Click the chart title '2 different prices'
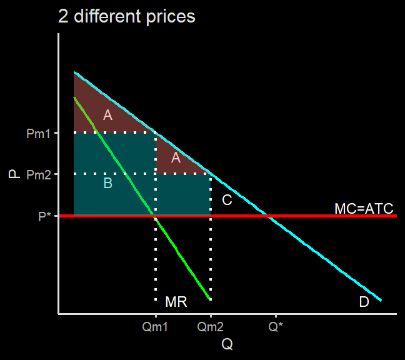pyautogui.click(x=127, y=16)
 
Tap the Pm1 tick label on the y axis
pyautogui.click(x=38, y=133)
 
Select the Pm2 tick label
pyautogui.click(x=38, y=175)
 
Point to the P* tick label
pyautogui.click(x=44, y=216)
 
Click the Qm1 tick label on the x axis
pyautogui.click(x=155, y=326)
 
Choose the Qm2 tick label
pyautogui.click(x=210, y=326)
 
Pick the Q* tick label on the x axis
pyautogui.click(x=276, y=326)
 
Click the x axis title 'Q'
pyautogui.click(x=227, y=344)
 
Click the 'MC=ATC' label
pyautogui.click(x=364, y=209)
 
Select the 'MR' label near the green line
pyautogui.click(x=176, y=302)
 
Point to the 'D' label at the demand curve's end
pyautogui.click(x=364, y=302)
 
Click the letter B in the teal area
pyautogui.click(x=108, y=183)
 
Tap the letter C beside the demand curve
pyautogui.click(x=227, y=200)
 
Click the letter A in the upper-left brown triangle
pyautogui.click(x=108, y=115)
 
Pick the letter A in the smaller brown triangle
pyautogui.click(x=176, y=158)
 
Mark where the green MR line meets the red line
pyautogui.click(x=154, y=216)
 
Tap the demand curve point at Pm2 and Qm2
pyautogui.click(x=210, y=174)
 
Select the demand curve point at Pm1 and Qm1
pyautogui.click(x=155, y=132)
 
